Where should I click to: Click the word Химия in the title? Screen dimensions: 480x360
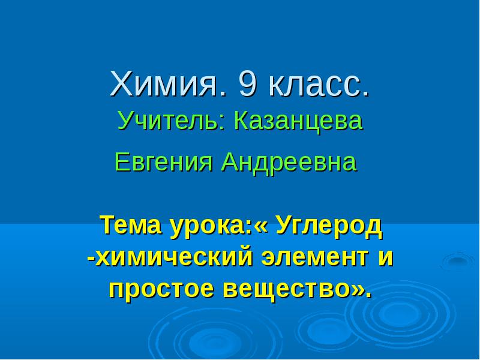[x=165, y=83]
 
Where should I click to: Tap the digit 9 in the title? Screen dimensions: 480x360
[x=247, y=83]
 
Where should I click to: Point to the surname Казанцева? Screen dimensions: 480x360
[x=298, y=122]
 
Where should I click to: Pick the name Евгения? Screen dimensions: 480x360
[x=163, y=161]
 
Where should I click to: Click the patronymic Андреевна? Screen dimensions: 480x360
[x=289, y=162]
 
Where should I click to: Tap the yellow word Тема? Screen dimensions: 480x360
[x=133, y=225]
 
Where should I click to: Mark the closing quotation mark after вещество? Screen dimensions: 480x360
[x=356, y=290]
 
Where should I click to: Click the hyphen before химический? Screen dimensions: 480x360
[x=91, y=259]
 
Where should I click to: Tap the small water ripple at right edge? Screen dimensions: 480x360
[x=457, y=261]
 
